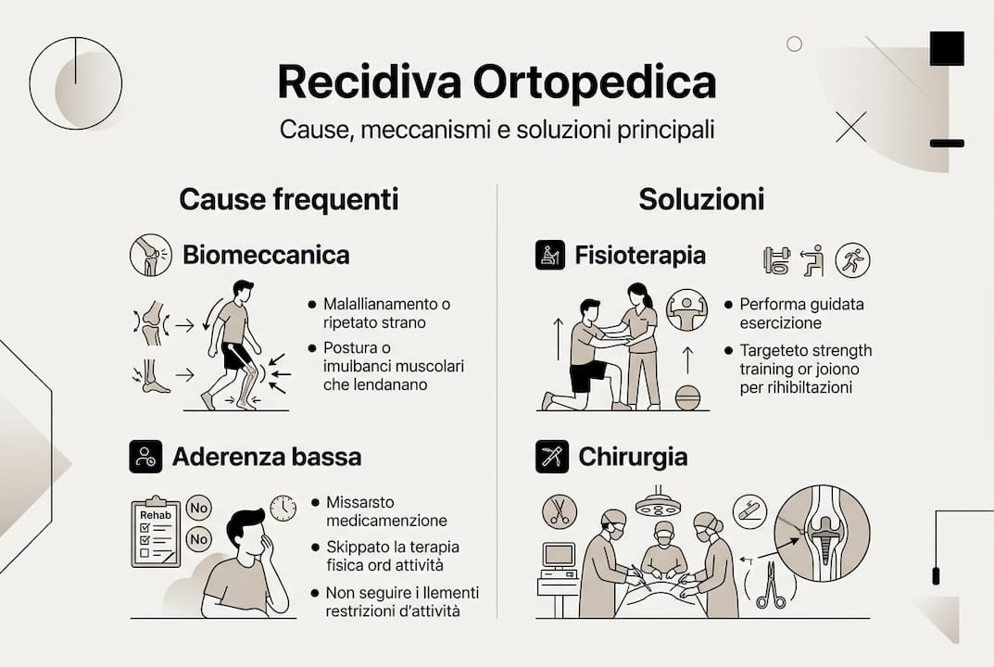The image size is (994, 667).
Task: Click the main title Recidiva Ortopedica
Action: [x=497, y=83]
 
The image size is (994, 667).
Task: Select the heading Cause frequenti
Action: [x=288, y=199]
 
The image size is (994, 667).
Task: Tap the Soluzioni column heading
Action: [x=701, y=199]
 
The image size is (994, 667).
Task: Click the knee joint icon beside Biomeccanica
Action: [x=151, y=255]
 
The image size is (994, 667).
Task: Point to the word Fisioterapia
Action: [x=640, y=255]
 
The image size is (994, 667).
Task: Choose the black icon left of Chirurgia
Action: [x=550, y=456]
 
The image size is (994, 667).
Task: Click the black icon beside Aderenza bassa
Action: [x=145, y=456]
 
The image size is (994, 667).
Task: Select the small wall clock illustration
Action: [x=283, y=508]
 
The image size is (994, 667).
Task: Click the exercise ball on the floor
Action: [x=687, y=397]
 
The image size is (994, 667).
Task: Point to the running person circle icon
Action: [x=852, y=260]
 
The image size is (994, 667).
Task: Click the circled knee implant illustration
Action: [x=821, y=533]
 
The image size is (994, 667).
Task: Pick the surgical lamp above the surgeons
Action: [x=658, y=504]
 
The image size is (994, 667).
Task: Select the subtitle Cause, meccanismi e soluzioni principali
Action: [x=497, y=130]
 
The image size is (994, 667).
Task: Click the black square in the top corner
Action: [x=947, y=48]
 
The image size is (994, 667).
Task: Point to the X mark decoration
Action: [x=850, y=127]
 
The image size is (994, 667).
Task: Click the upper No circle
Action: [x=198, y=507]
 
